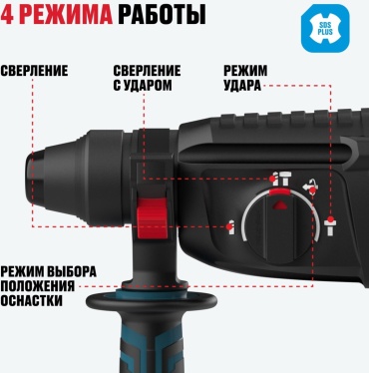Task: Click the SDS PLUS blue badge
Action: tap(325, 29)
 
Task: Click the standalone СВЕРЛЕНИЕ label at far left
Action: tap(34, 71)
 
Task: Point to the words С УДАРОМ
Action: tap(143, 86)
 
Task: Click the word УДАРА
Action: tap(242, 86)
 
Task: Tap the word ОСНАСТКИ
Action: tap(31, 301)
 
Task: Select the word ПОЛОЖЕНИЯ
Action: tap(37, 286)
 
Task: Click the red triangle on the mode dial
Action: tap(279, 204)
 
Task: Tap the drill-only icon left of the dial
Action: tap(231, 226)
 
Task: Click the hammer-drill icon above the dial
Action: tap(280, 179)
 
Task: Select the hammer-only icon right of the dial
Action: tap(330, 225)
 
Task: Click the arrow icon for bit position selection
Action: tap(309, 186)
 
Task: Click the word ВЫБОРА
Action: tap(71, 271)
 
